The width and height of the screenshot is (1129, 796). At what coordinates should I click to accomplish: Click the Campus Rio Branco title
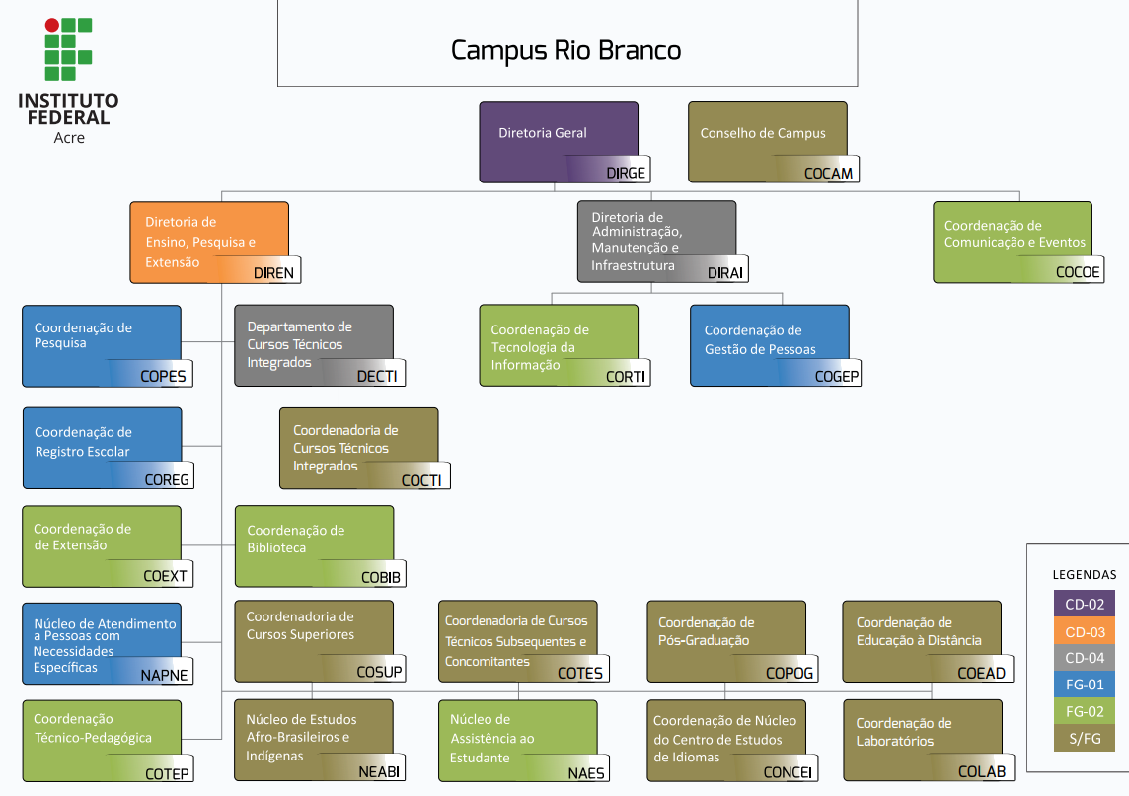(565, 50)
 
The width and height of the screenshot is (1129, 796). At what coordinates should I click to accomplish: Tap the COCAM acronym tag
(828, 174)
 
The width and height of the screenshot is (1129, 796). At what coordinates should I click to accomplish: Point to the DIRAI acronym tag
(724, 273)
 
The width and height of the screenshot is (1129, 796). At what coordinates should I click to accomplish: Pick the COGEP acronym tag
(837, 376)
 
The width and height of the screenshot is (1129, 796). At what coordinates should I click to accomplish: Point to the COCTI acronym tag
(421, 480)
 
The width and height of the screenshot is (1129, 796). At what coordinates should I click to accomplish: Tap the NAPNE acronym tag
(164, 676)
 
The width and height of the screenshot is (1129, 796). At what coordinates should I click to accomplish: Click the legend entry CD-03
(1085, 631)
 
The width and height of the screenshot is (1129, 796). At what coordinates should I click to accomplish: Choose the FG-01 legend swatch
(1085, 685)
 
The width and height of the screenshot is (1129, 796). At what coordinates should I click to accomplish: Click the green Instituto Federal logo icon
(67, 48)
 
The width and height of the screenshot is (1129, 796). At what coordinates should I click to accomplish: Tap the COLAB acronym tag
(982, 772)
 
